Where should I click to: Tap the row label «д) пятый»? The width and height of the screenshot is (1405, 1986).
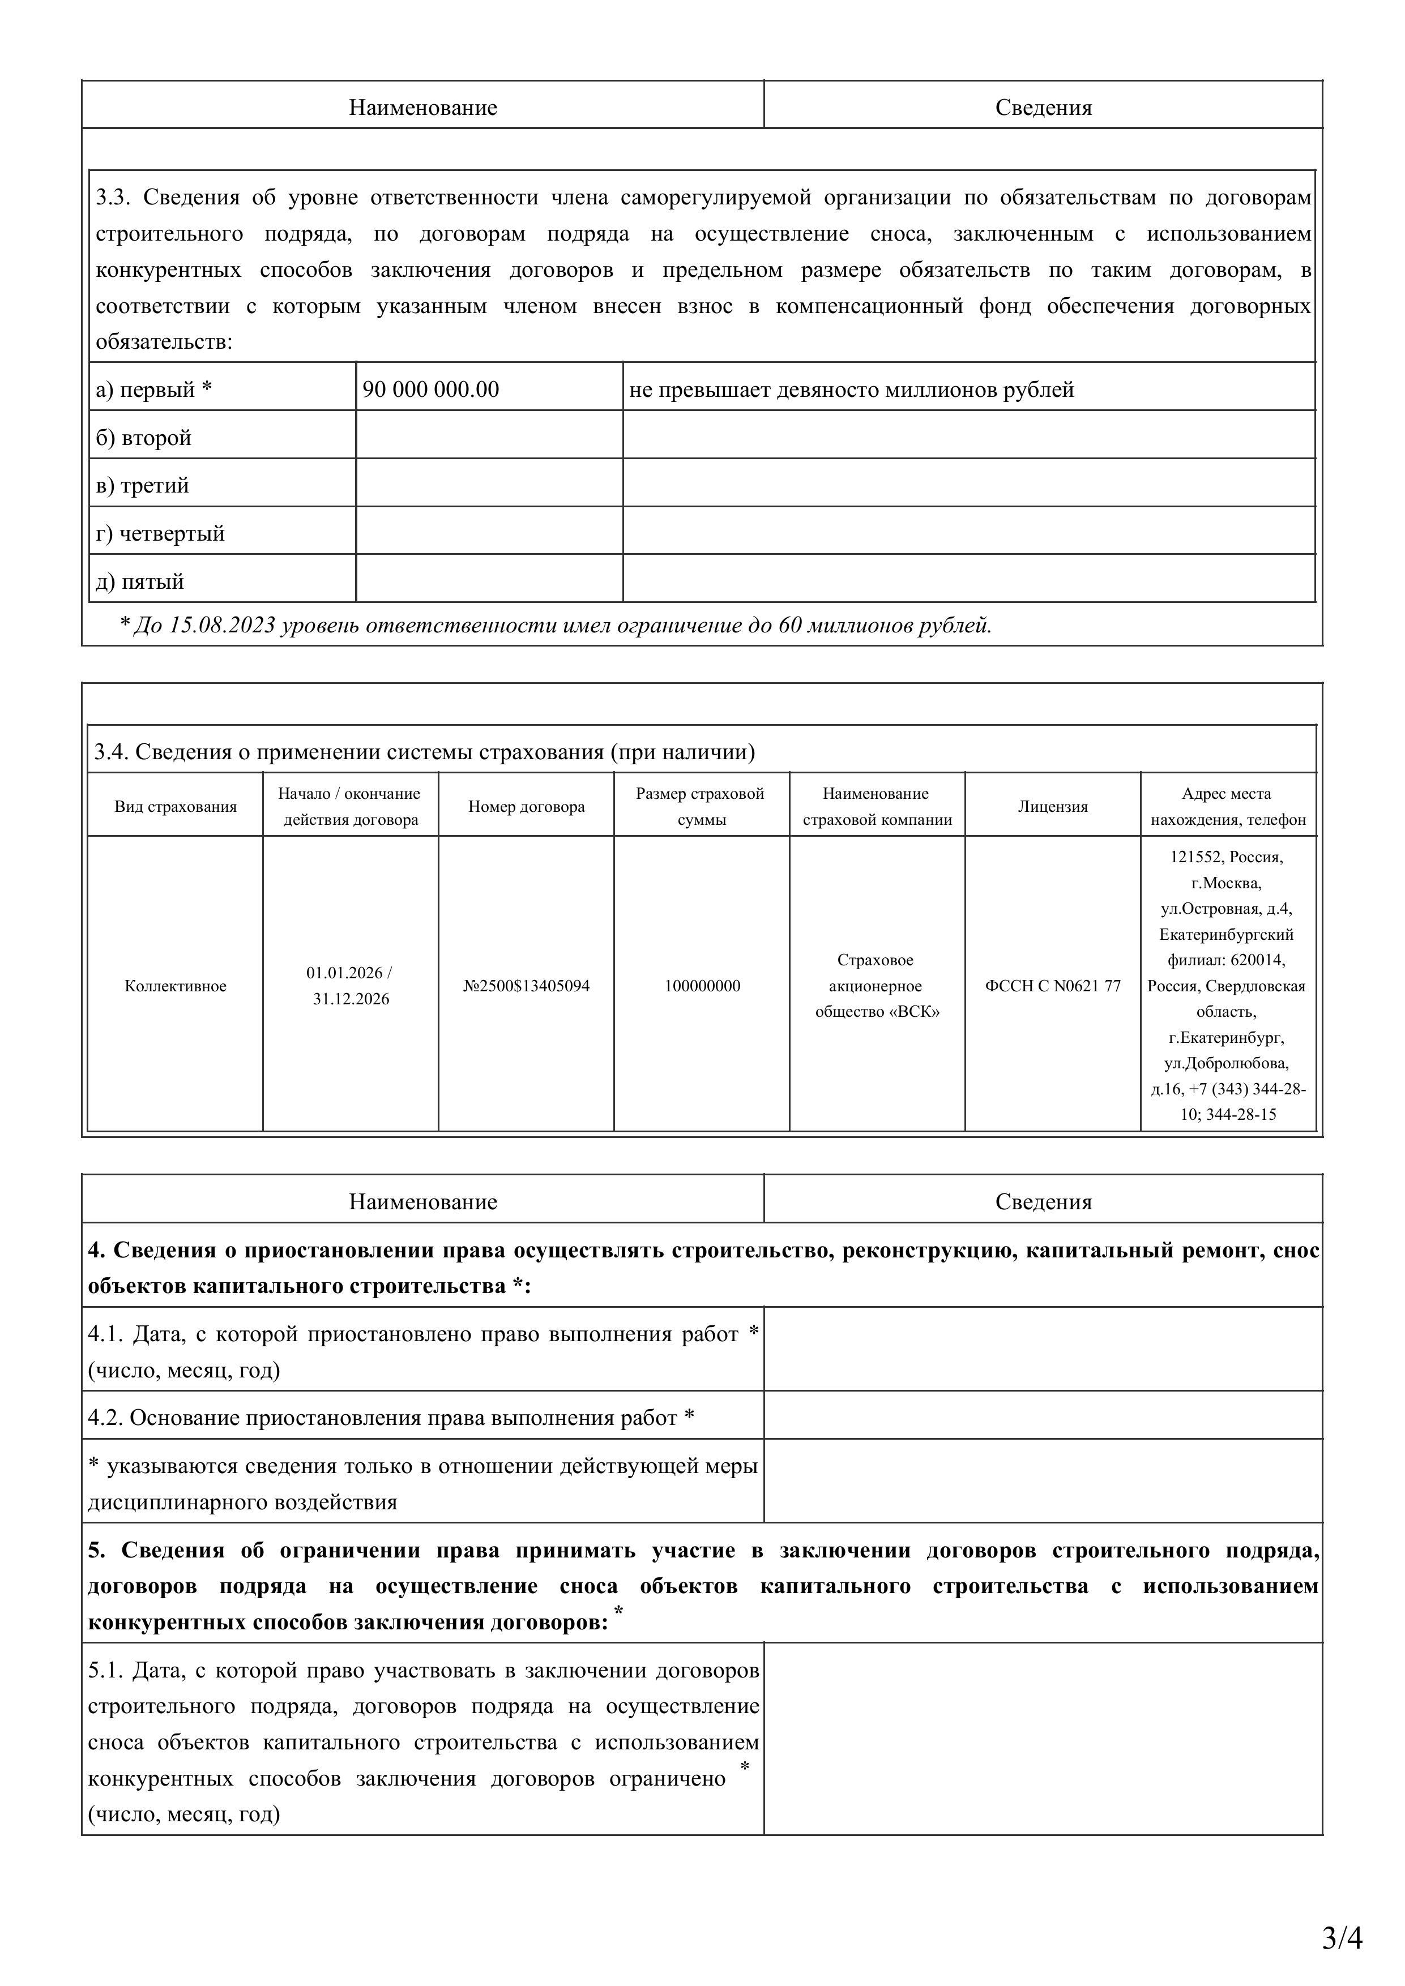pyautogui.click(x=139, y=581)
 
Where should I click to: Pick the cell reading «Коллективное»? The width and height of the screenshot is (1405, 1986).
pyautogui.click(x=176, y=986)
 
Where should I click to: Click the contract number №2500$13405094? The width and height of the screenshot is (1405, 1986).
pyautogui.click(x=526, y=986)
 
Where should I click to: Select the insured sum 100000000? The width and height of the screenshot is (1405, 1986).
pyautogui.click(x=702, y=986)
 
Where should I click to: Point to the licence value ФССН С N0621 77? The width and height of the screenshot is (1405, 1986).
pyautogui.click(x=1052, y=986)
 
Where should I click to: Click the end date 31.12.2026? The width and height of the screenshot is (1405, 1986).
pyautogui.click(x=351, y=999)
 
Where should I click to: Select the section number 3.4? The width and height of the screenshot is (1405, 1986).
pyautogui.click(x=111, y=752)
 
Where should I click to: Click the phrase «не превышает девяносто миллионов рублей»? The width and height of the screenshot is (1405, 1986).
pyautogui.click(x=851, y=390)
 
